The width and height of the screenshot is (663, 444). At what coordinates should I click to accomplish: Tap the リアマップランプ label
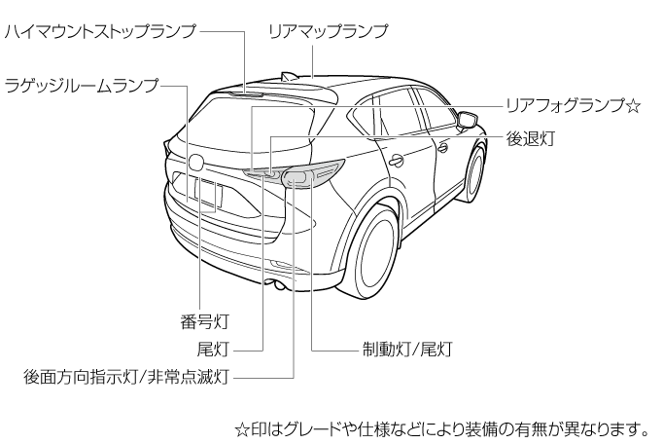click(x=328, y=31)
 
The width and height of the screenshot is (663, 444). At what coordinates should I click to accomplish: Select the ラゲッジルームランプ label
click(x=82, y=85)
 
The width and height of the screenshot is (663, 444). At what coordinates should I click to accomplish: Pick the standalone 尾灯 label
click(x=212, y=347)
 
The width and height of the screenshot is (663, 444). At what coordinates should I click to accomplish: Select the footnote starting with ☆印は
click(x=441, y=426)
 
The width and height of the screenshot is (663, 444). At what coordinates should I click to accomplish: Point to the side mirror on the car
click(x=468, y=121)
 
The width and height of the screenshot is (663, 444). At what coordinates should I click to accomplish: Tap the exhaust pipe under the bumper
click(x=278, y=284)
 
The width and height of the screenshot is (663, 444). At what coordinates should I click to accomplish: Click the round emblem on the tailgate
click(x=196, y=162)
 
